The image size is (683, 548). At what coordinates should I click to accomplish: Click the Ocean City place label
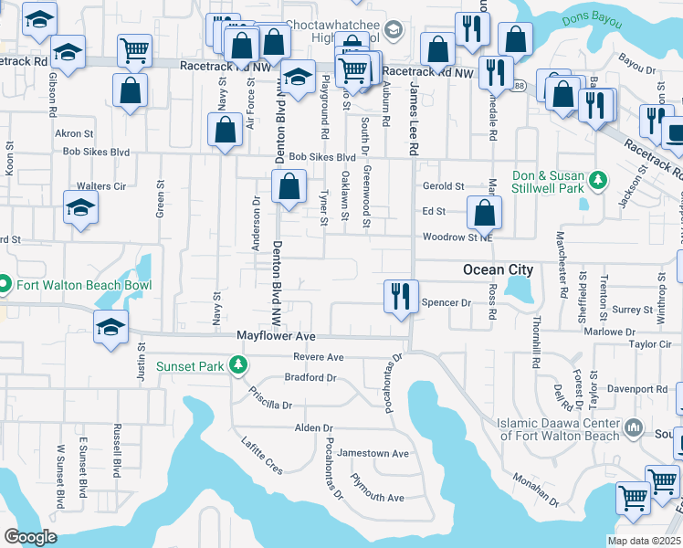(498, 269)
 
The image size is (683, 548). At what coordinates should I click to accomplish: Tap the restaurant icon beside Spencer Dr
(400, 295)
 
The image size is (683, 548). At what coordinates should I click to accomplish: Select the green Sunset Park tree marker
(238, 366)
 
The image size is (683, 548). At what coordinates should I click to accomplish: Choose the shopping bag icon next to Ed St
(484, 214)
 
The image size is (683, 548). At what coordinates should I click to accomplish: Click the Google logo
(31, 536)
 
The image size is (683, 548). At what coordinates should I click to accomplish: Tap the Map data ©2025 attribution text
(645, 541)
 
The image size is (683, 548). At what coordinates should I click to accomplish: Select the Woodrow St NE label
(457, 237)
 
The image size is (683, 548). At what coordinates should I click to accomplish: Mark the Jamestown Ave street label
(373, 453)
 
